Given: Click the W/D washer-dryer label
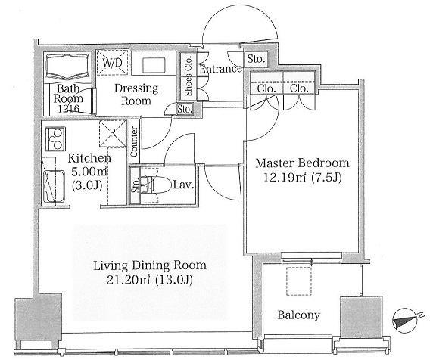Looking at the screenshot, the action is (x=113, y=64).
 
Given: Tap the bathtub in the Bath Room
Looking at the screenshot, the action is (x=67, y=66).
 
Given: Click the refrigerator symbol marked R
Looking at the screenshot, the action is (x=113, y=133).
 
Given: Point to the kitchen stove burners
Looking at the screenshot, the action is (x=55, y=138).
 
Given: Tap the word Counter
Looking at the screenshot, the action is (x=134, y=141).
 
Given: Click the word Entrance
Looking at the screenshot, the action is (x=221, y=69).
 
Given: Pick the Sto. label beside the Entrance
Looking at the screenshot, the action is (x=256, y=59).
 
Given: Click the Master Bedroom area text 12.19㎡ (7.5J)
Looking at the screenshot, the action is (x=303, y=178).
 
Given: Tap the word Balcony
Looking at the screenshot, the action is (x=298, y=315).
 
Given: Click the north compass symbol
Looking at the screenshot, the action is (x=405, y=321).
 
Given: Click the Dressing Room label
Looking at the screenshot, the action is (x=136, y=95).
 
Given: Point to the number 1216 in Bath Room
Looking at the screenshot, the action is (x=69, y=109).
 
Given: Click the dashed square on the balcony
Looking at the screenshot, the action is (x=299, y=281).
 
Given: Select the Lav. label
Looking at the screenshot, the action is (x=183, y=185).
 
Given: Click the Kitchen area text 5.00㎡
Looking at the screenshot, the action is (x=89, y=172).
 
